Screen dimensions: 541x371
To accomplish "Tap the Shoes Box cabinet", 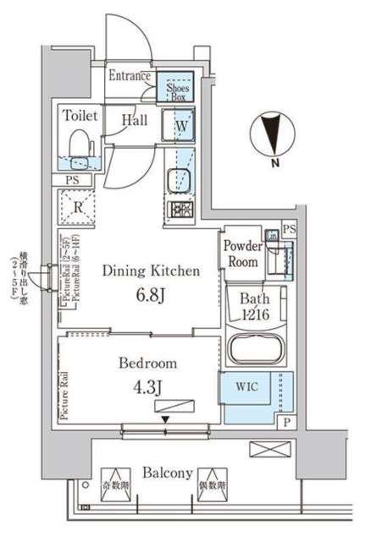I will (179, 89).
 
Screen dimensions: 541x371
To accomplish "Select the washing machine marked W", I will (180, 129).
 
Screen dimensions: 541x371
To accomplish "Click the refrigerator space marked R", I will (77, 205).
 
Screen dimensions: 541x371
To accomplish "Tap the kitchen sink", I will (179, 180).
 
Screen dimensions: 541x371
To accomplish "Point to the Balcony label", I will (166, 473).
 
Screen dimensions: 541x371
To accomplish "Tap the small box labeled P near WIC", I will (287, 424).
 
